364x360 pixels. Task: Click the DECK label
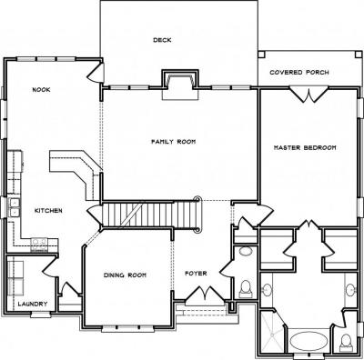(x=162, y=40)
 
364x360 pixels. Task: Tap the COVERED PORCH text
(x=299, y=73)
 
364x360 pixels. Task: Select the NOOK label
(x=41, y=90)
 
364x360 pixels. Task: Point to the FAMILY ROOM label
(x=174, y=142)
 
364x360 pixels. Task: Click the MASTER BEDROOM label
(x=305, y=148)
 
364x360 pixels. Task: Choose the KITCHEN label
(x=48, y=211)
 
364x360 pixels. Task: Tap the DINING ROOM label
(x=125, y=275)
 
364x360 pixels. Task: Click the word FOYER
(x=196, y=274)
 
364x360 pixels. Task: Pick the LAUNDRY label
(x=33, y=304)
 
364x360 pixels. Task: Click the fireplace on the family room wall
(x=180, y=85)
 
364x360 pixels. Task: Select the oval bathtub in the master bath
(x=308, y=341)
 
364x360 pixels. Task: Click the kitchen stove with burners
(x=39, y=245)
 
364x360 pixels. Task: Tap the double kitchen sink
(x=15, y=207)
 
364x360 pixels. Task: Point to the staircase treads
(x=151, y=215)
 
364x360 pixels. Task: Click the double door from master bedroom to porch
(x=308, y=95)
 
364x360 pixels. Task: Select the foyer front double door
(x=206, y=294)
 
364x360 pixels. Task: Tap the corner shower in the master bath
(x=271, y=333)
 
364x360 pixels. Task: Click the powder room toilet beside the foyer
(x=245, y=289)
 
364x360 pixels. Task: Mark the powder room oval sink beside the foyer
(x=245, y=251)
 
